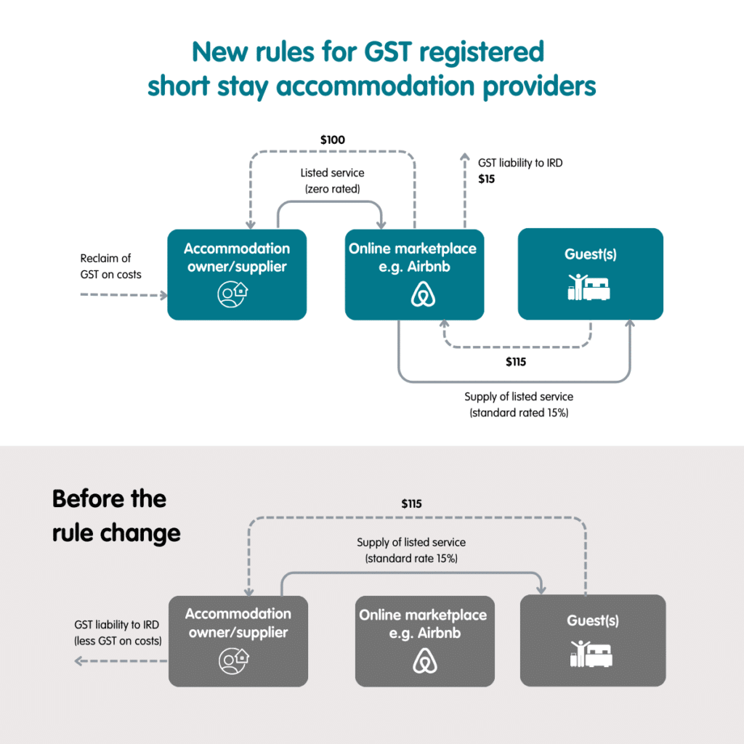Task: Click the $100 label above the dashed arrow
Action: pyautogui.click(x=332, y=139)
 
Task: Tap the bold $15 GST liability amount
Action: pyautogui.click(x=486, y=178)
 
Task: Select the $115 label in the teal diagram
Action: pyautogui.click(x=517, y=362)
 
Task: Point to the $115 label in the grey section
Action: pyautogui.click(x=411, y=503)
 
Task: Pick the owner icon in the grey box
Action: pyautogui.click(x=234, y=658)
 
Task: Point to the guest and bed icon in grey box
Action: pyautogui.click(x=591, y=653)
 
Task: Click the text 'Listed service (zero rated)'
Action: pyautogui.click(x=332, y=180)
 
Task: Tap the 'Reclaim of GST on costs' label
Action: pyautogui.click(x=110, y=266)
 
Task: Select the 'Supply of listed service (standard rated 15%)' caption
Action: pyautogui.click(x=519, y=405)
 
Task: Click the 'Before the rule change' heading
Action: pyautogui.click(x=116, y=516)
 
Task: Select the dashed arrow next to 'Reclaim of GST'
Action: pyautogui.click(x=124, y=295)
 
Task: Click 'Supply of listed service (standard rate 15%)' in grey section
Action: pyautogui.click(x=411, y=550)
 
